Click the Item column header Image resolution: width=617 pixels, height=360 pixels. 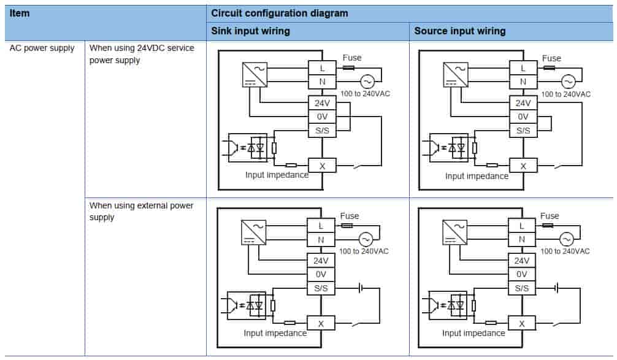tap(20, 12)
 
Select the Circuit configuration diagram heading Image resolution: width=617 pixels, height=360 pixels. tap(279, 13)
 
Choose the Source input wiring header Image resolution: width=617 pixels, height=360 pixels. tap(460, 31)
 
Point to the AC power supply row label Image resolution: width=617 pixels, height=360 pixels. tap(42, 48)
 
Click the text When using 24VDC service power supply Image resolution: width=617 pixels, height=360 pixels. tap(142, 54)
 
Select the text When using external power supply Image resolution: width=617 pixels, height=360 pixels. tap(142, 211)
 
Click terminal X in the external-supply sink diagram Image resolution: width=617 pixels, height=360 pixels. tap(321, 323)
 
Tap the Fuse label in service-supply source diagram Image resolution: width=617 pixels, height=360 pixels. tap(551, 58)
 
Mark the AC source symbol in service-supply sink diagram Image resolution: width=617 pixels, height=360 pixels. tap(367, 81)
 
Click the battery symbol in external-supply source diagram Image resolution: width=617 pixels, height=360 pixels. tap(556, 287)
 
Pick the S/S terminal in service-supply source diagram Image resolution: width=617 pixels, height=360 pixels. tap(523, 130)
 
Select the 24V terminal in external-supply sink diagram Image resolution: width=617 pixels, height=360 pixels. tap(321, 260)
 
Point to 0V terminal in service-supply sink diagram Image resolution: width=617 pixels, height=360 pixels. tap(322, 117)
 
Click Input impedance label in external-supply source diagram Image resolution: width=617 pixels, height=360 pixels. tap(473, 333)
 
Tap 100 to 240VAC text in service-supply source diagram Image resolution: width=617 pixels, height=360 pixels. tap(565, 94)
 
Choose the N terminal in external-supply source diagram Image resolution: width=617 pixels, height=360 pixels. tap(522, 239)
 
